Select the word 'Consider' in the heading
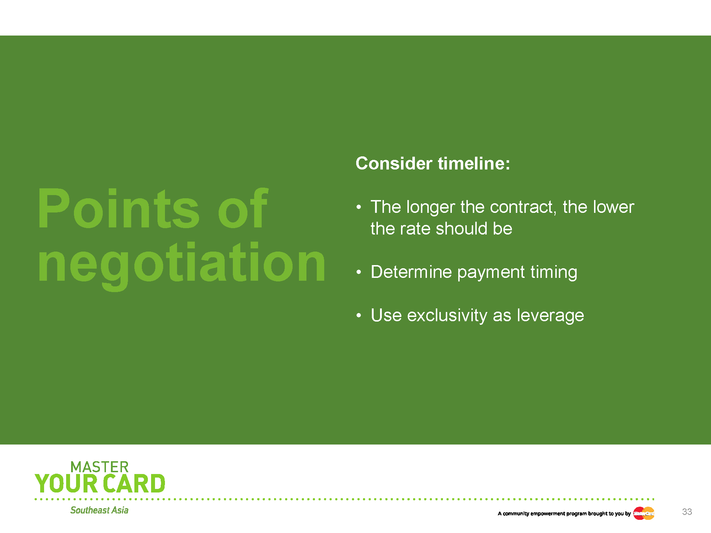tap(394, 163)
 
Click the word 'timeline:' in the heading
tap(474, 163)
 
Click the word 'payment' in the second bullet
tap(491, 273)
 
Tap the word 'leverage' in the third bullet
tap(550, 316)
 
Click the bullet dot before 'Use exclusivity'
tap(359, 315)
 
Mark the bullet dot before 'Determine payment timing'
tap(359, 272)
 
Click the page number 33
tap(687, 512)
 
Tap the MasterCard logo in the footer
tap(644, 513)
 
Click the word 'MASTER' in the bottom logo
tap(100, 467)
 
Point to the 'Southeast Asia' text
tap(99, 510)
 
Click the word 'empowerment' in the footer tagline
tap(547, 514)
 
